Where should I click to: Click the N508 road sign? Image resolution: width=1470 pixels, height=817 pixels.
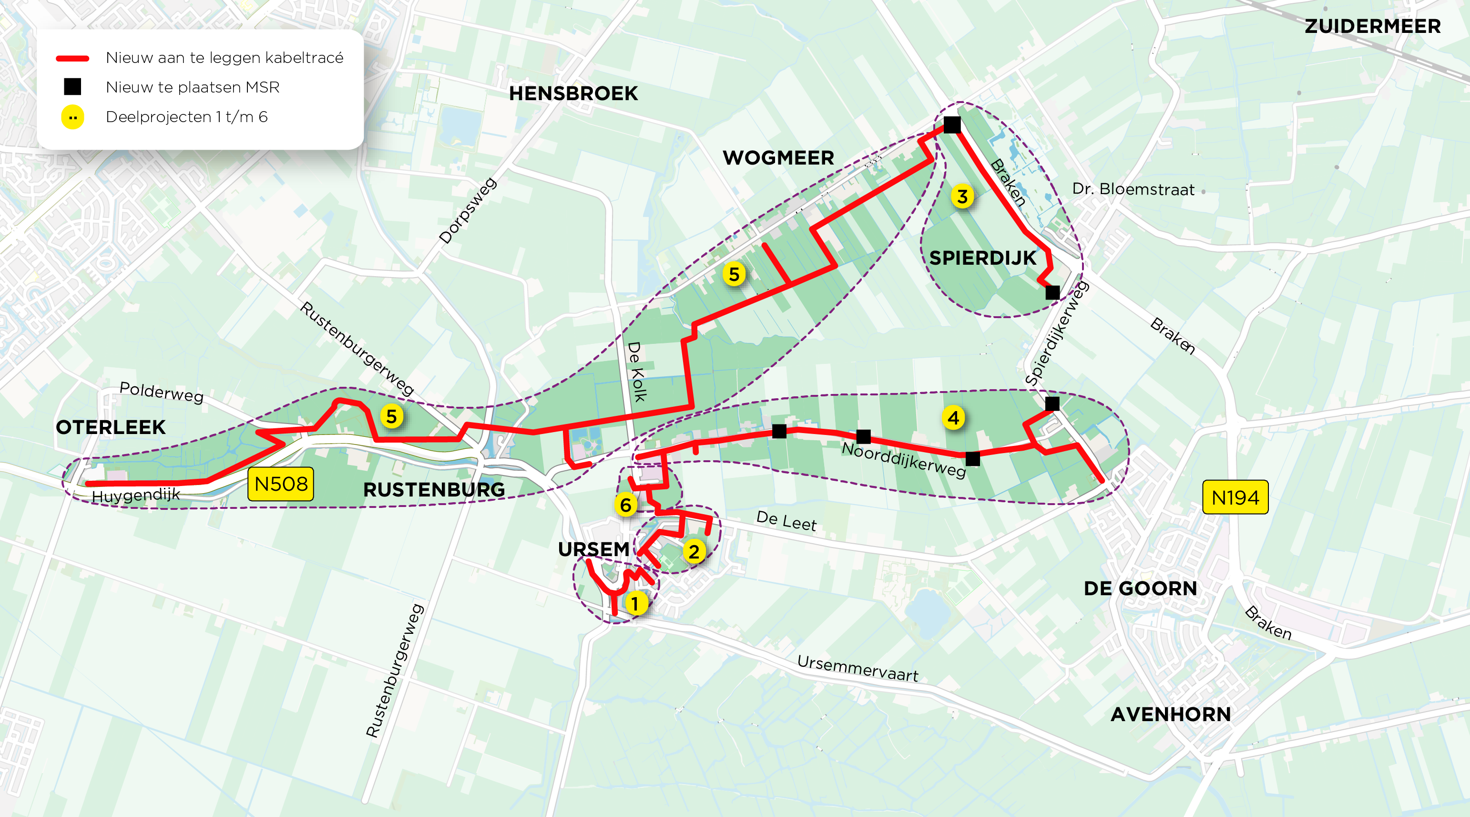click(281, 484)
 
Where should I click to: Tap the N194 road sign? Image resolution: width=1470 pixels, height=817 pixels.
click(1235, 497)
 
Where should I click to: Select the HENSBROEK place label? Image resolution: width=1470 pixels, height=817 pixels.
click(573, 93)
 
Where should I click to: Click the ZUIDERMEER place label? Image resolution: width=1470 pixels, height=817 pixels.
click(1372, 26)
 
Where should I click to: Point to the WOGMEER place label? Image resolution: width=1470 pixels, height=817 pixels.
click(778, 158)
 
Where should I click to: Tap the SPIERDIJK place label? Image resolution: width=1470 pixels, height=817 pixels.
click(982, 258)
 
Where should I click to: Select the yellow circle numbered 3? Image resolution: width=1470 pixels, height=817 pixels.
click(962, 196)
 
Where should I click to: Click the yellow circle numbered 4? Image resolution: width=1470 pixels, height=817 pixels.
click(953, 418)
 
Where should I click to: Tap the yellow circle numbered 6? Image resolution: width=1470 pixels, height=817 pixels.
click(625, 505)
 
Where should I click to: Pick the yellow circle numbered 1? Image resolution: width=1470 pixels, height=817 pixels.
click(635, 603)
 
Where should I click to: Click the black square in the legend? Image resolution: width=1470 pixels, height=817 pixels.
click(72, 87)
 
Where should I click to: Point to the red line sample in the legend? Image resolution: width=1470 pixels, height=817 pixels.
click(72, 58)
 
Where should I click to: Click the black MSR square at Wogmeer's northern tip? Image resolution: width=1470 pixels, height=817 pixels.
click(952, 124)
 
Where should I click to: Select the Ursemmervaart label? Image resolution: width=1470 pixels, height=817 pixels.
click(857, 669)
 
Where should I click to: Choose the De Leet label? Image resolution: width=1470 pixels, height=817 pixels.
click(786, 521)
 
